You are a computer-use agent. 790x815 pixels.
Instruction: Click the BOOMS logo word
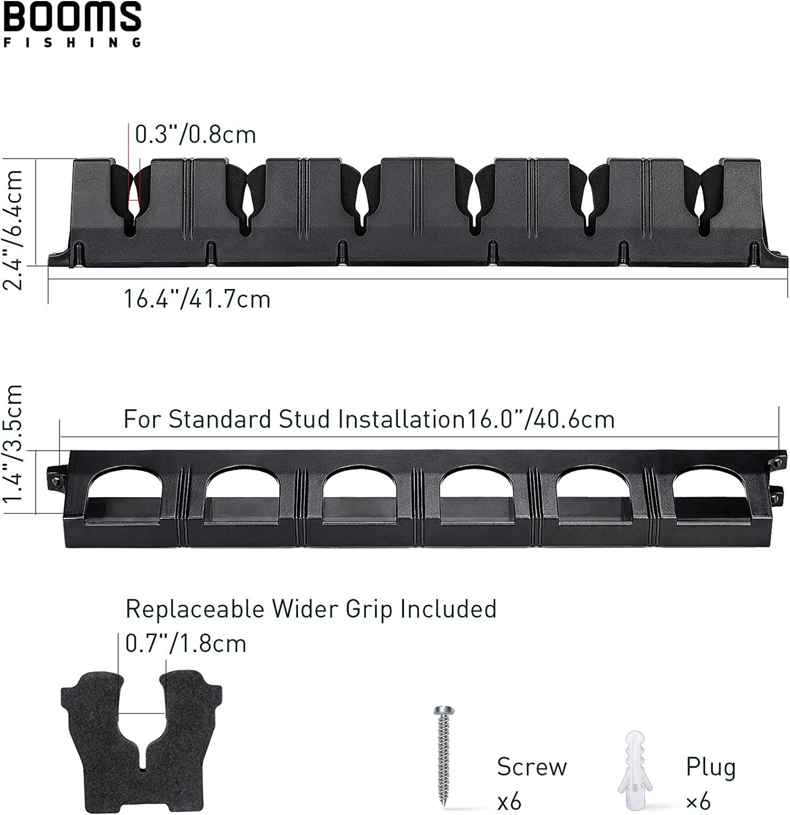[72, 17]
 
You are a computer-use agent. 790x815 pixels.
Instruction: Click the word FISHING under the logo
[72, 43]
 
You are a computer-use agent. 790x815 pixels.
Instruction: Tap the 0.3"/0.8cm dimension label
[196, 134]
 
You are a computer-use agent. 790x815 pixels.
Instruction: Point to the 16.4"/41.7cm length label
[197, 299]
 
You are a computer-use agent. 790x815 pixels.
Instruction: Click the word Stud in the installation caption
[303, 420]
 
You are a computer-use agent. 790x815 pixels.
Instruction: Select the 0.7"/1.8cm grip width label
[186, 643]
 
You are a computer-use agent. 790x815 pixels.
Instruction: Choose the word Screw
[531, 766]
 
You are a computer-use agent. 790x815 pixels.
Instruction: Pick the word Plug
[710, 767]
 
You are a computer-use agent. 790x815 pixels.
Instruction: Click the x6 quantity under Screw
[509, 802]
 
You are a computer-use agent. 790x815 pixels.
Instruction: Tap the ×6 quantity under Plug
[698, 802]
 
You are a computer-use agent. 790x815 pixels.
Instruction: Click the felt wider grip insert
[141, 737]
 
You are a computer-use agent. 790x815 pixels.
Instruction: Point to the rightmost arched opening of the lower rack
[710, 494]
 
